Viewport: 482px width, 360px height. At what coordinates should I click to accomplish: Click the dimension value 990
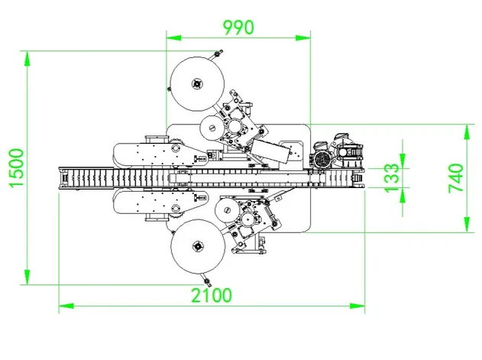(x=238, y=26)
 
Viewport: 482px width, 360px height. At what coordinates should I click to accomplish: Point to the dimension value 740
(x=455, y=177)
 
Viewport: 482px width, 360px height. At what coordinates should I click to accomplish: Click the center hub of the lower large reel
(x=199, y=246)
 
